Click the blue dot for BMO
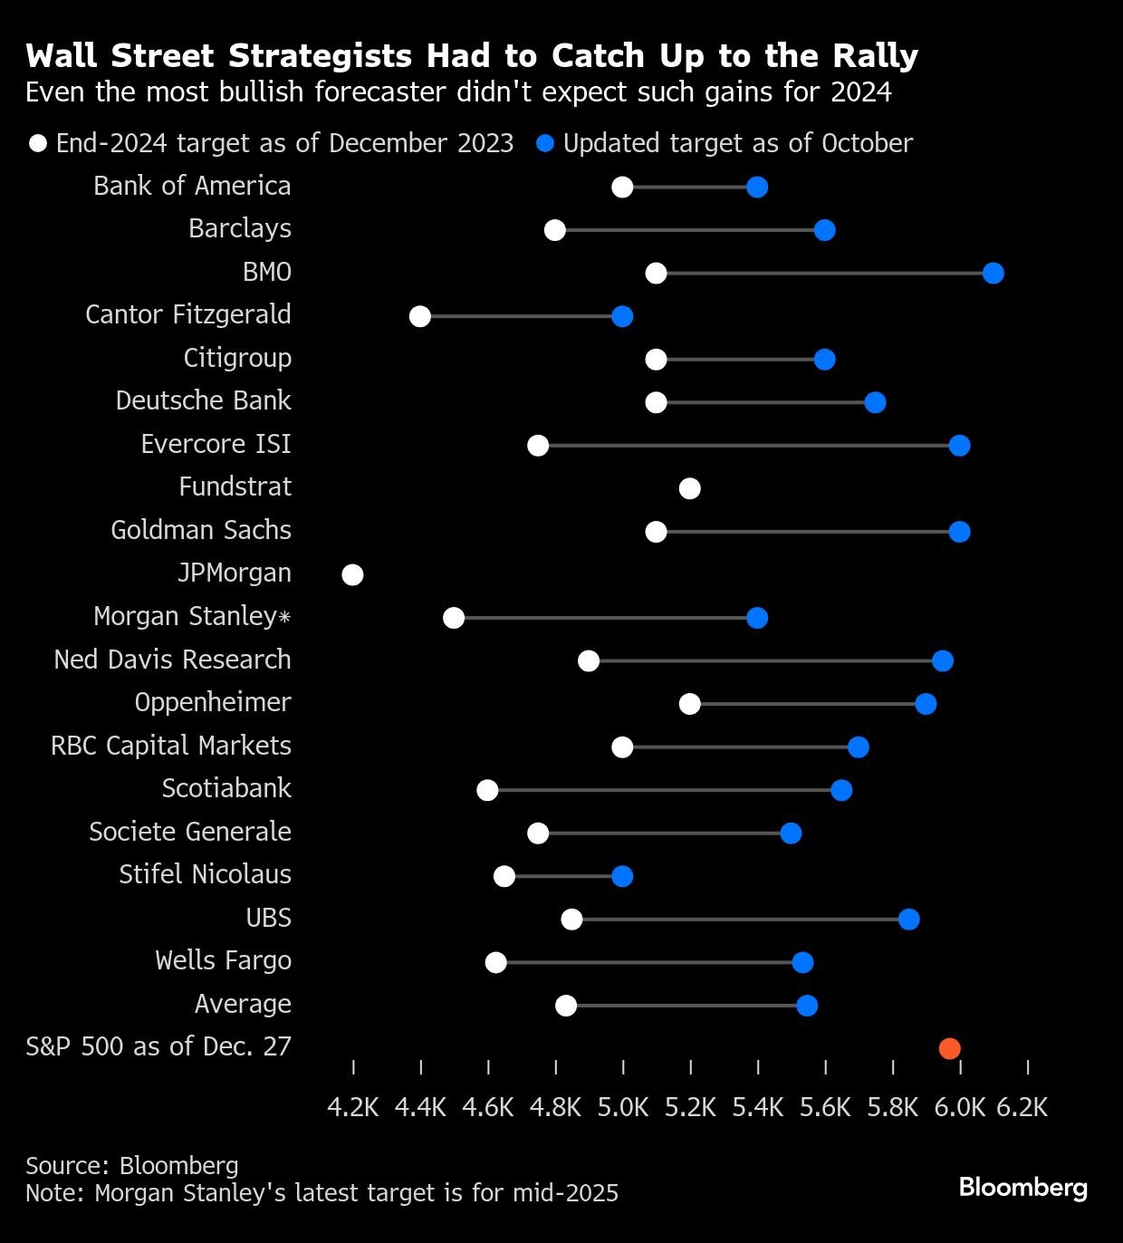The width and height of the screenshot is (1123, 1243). (993, 274)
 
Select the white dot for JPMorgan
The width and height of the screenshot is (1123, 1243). (352, 575)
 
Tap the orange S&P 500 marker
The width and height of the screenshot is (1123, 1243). (949, 1049)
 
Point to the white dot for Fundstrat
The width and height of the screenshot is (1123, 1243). (689, 489)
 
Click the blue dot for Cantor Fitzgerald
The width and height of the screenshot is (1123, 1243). (622, 316)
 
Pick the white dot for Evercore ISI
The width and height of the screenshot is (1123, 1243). (538, 446)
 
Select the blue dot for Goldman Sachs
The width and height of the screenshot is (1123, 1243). (959, 532)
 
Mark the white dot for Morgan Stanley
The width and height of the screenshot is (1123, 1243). (454, 618)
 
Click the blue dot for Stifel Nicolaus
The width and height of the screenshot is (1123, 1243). (622, 876)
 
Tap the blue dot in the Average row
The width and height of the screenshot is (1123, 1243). (807, 1006)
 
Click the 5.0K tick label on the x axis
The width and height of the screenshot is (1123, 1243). (623, 1107)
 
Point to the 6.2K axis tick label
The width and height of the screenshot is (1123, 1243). (1022, 1107)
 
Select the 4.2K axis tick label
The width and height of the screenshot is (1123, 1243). (353, 1107)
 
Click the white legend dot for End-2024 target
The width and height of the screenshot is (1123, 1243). (38, 144)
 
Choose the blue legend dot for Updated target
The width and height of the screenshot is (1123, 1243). (545, 144)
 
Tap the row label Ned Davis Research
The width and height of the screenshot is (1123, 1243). (172, 660)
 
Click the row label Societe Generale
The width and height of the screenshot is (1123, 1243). (190, 832)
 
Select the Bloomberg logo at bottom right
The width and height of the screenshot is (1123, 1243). (1023, 1187)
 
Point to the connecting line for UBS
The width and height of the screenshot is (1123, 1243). (740, 920)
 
